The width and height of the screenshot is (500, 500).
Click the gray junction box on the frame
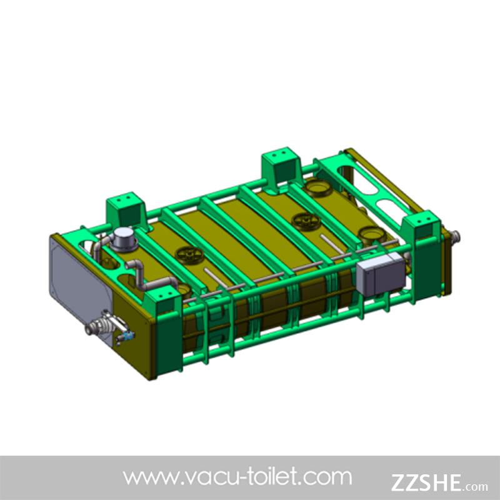coord(381,274)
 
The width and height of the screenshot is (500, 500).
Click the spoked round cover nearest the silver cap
coord(189,255)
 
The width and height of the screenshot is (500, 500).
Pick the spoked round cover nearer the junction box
coord(306,221)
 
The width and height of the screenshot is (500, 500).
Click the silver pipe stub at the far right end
coord(455,237)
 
